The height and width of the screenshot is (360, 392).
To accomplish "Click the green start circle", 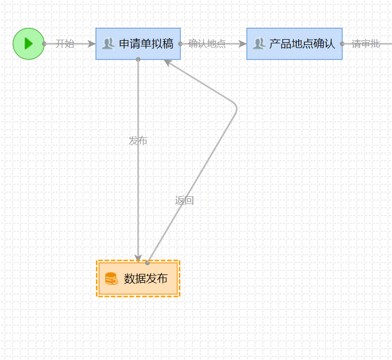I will [x=29, y=44].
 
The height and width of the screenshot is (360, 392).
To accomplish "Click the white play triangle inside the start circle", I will [x=29, y=44].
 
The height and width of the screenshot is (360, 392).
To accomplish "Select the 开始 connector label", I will [x=65, y=44].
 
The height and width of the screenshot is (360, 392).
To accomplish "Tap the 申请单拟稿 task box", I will [x=138, y=44].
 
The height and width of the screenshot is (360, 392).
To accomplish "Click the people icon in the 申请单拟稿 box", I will [x=108, y=44].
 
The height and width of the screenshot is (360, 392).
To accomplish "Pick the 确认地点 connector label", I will [x=207, y=44].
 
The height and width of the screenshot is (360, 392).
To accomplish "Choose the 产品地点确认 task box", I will [x=295, y=44].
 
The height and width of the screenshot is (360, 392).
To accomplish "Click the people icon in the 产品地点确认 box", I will [x=259, y=44].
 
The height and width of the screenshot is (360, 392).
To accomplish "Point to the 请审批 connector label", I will [x=365, y=44].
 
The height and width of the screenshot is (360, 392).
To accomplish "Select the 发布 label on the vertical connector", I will [x=138, y=141].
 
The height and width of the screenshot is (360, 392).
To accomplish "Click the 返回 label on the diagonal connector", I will [x=185, y=200].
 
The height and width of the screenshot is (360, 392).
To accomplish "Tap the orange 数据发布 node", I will [x=138, y=279].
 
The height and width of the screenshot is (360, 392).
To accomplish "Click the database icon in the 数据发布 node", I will [x=111, y=279].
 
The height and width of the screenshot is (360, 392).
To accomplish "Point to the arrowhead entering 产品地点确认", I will [x=242, y=44].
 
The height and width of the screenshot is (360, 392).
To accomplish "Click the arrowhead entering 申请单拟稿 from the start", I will [x=92, y=44].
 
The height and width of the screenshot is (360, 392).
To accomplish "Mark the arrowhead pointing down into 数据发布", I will [x=138, y=258].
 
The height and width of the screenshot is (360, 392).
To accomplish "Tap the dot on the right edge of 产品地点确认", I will [x=342, y=44].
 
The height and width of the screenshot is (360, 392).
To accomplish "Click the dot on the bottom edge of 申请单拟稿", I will [x=138, y=59].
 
